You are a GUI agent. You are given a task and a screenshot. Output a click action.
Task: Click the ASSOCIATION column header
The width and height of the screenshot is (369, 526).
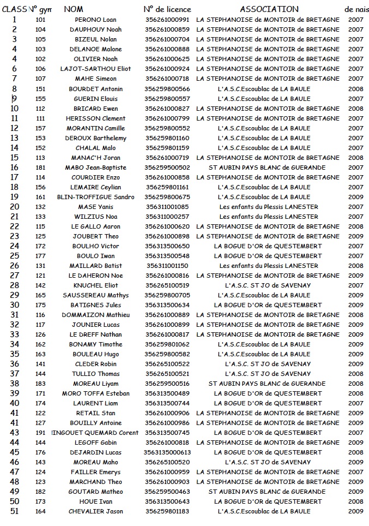click(269, 9)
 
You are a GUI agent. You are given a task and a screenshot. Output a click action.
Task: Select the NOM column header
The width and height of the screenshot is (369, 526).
click(74, 9)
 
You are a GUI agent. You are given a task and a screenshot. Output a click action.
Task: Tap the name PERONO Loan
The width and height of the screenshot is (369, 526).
click(95, 20)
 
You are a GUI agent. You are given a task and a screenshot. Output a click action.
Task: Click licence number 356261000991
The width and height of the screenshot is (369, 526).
click(167, 20)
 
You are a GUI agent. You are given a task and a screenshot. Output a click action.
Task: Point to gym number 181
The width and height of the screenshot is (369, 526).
click(40, 168)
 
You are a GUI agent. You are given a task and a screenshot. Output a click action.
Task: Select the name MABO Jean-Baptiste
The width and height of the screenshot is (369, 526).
click(95, 168)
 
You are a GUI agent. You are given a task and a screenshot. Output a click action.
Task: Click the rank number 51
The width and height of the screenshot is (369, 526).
click(14, 511)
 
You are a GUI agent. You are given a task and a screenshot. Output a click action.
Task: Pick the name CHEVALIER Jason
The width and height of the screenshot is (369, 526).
click(95, 511)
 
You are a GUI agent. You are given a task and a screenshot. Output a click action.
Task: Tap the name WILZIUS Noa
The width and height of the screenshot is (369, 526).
click(95, 217)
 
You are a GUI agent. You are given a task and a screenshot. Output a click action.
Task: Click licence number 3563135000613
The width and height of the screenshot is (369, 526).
click(167, 452)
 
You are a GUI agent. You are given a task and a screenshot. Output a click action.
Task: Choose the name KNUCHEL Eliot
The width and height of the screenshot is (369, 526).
click(95, 285)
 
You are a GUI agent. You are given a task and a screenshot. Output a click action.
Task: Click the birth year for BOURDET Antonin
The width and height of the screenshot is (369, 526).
click(355, 89)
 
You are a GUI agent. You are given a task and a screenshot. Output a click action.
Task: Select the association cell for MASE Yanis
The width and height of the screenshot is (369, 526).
click(268, 207)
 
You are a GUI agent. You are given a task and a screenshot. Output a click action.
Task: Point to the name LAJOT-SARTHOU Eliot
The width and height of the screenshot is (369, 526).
click(95, 69)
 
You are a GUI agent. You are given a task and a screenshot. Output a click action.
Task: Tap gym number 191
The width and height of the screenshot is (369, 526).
click(40, 433)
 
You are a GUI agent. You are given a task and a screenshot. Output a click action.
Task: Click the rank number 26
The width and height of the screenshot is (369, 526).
click(14, 266)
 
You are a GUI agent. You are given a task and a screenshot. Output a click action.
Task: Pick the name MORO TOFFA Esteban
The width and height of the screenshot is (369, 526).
click(95, 393)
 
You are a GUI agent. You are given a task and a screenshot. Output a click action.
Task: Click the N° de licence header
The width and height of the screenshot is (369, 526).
click(167, 9)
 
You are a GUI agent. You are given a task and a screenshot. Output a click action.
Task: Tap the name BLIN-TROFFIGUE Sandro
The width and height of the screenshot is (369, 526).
click(95, 197)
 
